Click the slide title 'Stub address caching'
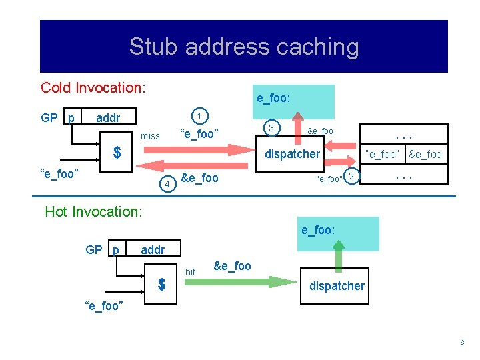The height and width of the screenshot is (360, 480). (243, 47)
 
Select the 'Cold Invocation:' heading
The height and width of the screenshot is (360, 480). (93, 87)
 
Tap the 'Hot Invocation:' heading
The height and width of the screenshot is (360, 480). (93, 211)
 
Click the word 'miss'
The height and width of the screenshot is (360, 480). (150, 136)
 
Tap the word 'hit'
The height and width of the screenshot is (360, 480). (190, 272)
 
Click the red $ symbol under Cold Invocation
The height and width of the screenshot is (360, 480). (117, 153)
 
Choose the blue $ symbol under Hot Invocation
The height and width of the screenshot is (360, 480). (161, 285)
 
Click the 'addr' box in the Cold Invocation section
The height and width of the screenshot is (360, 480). (109, 118)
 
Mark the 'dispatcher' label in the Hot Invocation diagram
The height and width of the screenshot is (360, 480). (337, 286)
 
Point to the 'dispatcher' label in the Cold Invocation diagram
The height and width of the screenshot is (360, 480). (292, 154)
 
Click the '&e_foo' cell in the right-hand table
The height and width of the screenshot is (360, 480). (425, 154)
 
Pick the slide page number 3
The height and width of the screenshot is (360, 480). (461, 342)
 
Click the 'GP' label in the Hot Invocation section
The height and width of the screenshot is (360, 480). (94, 250)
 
